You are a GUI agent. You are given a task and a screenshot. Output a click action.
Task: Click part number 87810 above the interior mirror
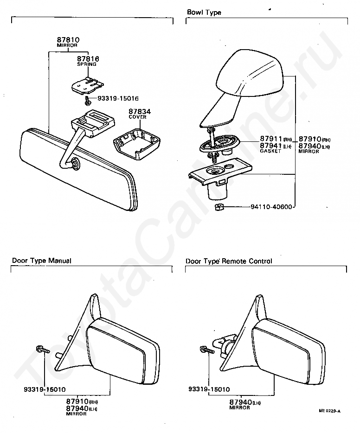(x=68, y=40)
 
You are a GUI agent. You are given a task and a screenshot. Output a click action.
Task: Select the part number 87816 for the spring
(x=88, y=59)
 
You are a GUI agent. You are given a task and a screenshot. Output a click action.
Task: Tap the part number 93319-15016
(x=118, y=99)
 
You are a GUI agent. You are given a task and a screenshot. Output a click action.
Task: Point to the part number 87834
(x=138, y=112)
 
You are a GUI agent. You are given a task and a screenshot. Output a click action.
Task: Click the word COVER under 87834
(x=138, y=117)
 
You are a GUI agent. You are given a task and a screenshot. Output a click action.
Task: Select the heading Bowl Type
(x=204, y=13)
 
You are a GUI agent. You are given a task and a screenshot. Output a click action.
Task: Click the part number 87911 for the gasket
(x=270, y=139)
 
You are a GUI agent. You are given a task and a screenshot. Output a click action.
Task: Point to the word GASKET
(x=270, y=152)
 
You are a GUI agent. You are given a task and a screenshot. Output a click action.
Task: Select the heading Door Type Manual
(x=42, y=261)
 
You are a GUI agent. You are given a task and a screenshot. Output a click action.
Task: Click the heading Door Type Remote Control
(x=229, y=261)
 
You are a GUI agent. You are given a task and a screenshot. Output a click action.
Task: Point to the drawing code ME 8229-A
(x=330, y=411)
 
